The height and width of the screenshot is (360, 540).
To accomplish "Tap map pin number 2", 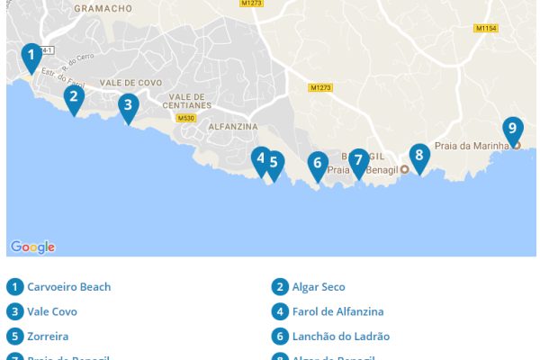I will tap(74, 97).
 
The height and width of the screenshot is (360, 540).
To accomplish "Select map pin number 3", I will tap(129, 105).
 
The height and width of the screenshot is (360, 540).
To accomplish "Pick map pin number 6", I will tap(317, 165).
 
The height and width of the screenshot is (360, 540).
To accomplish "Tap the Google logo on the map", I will tap(32, 247).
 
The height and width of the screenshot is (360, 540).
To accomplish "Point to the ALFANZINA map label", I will tap(232, 127).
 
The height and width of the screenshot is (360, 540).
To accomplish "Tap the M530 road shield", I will tap(186, 118).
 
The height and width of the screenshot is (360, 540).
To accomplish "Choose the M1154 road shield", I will tap(486, 28).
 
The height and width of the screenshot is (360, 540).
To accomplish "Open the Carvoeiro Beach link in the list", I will tap(69, 287).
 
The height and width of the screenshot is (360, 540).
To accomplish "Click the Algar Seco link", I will tap(319, 287).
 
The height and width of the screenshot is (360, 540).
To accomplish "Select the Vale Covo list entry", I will tap(52, 311).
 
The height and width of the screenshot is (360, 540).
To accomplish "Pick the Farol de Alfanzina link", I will tap(337, 311).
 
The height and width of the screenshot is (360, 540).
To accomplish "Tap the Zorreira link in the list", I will tap(48, 336).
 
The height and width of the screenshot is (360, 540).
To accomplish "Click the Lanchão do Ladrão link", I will tap(341, 336).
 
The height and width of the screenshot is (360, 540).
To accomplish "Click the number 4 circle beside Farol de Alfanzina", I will tap(280, 311).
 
